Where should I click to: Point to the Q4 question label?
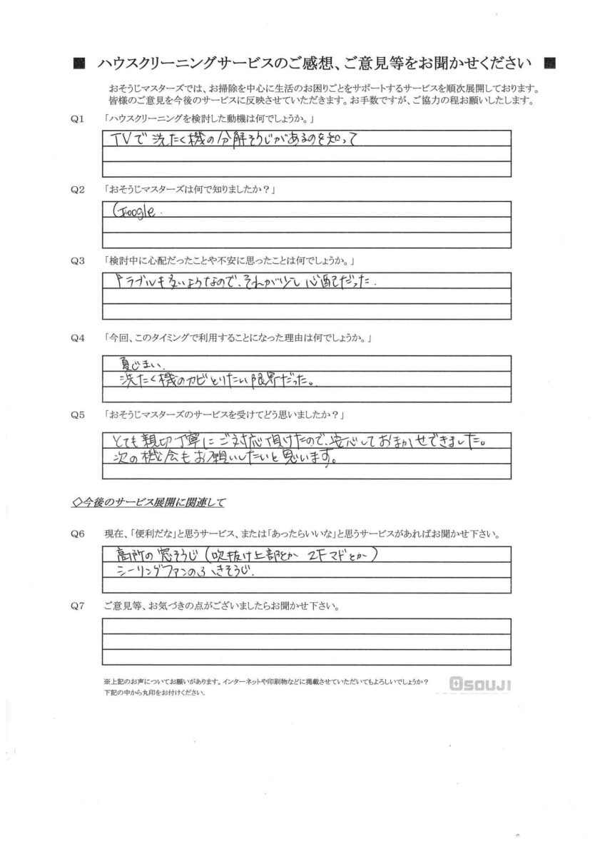pos(78,337)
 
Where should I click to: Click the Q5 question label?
pos(78,414)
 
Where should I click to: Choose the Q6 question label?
pos(78,534)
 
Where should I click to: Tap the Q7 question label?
pos(78,606)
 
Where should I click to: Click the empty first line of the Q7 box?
pos(307,626)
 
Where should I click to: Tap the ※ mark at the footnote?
pos(106,682)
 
